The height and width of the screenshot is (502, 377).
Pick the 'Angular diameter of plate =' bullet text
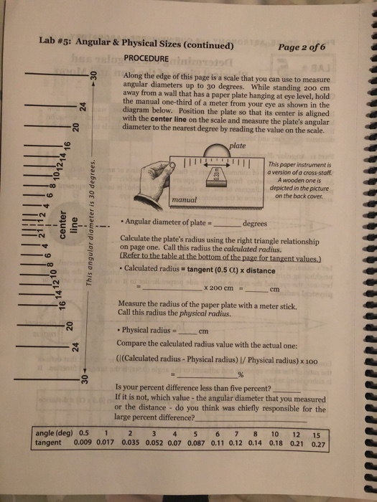point(167,222)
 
